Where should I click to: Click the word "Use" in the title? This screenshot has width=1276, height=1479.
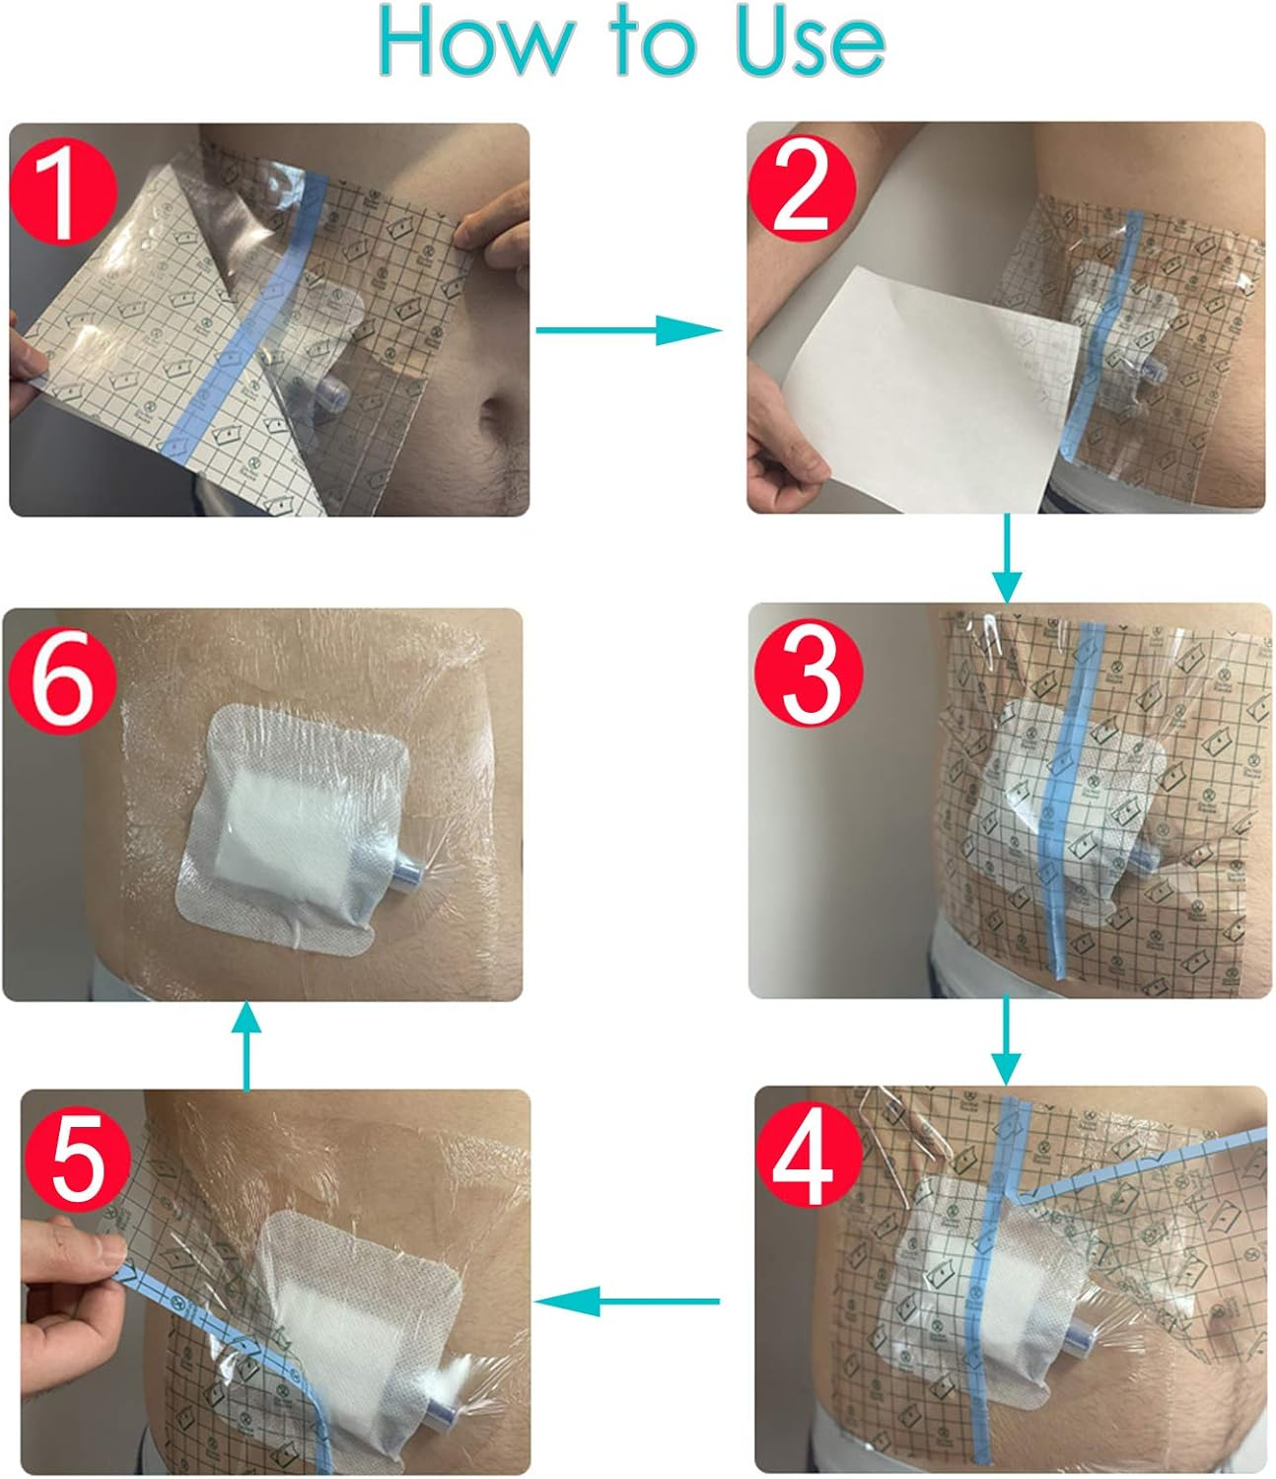pyautogui.click(x=811, y=41)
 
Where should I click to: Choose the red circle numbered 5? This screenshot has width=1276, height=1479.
pyautogui.click(x=78, y=1158)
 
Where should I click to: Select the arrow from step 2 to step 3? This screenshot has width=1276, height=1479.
pyautogui.click(x=1006, y=558)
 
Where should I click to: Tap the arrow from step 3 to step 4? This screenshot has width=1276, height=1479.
pyautogui.click(x=1006, y=1040)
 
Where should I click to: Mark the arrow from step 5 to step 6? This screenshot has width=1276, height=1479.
pyautogui.click(x=247, y=1045)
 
